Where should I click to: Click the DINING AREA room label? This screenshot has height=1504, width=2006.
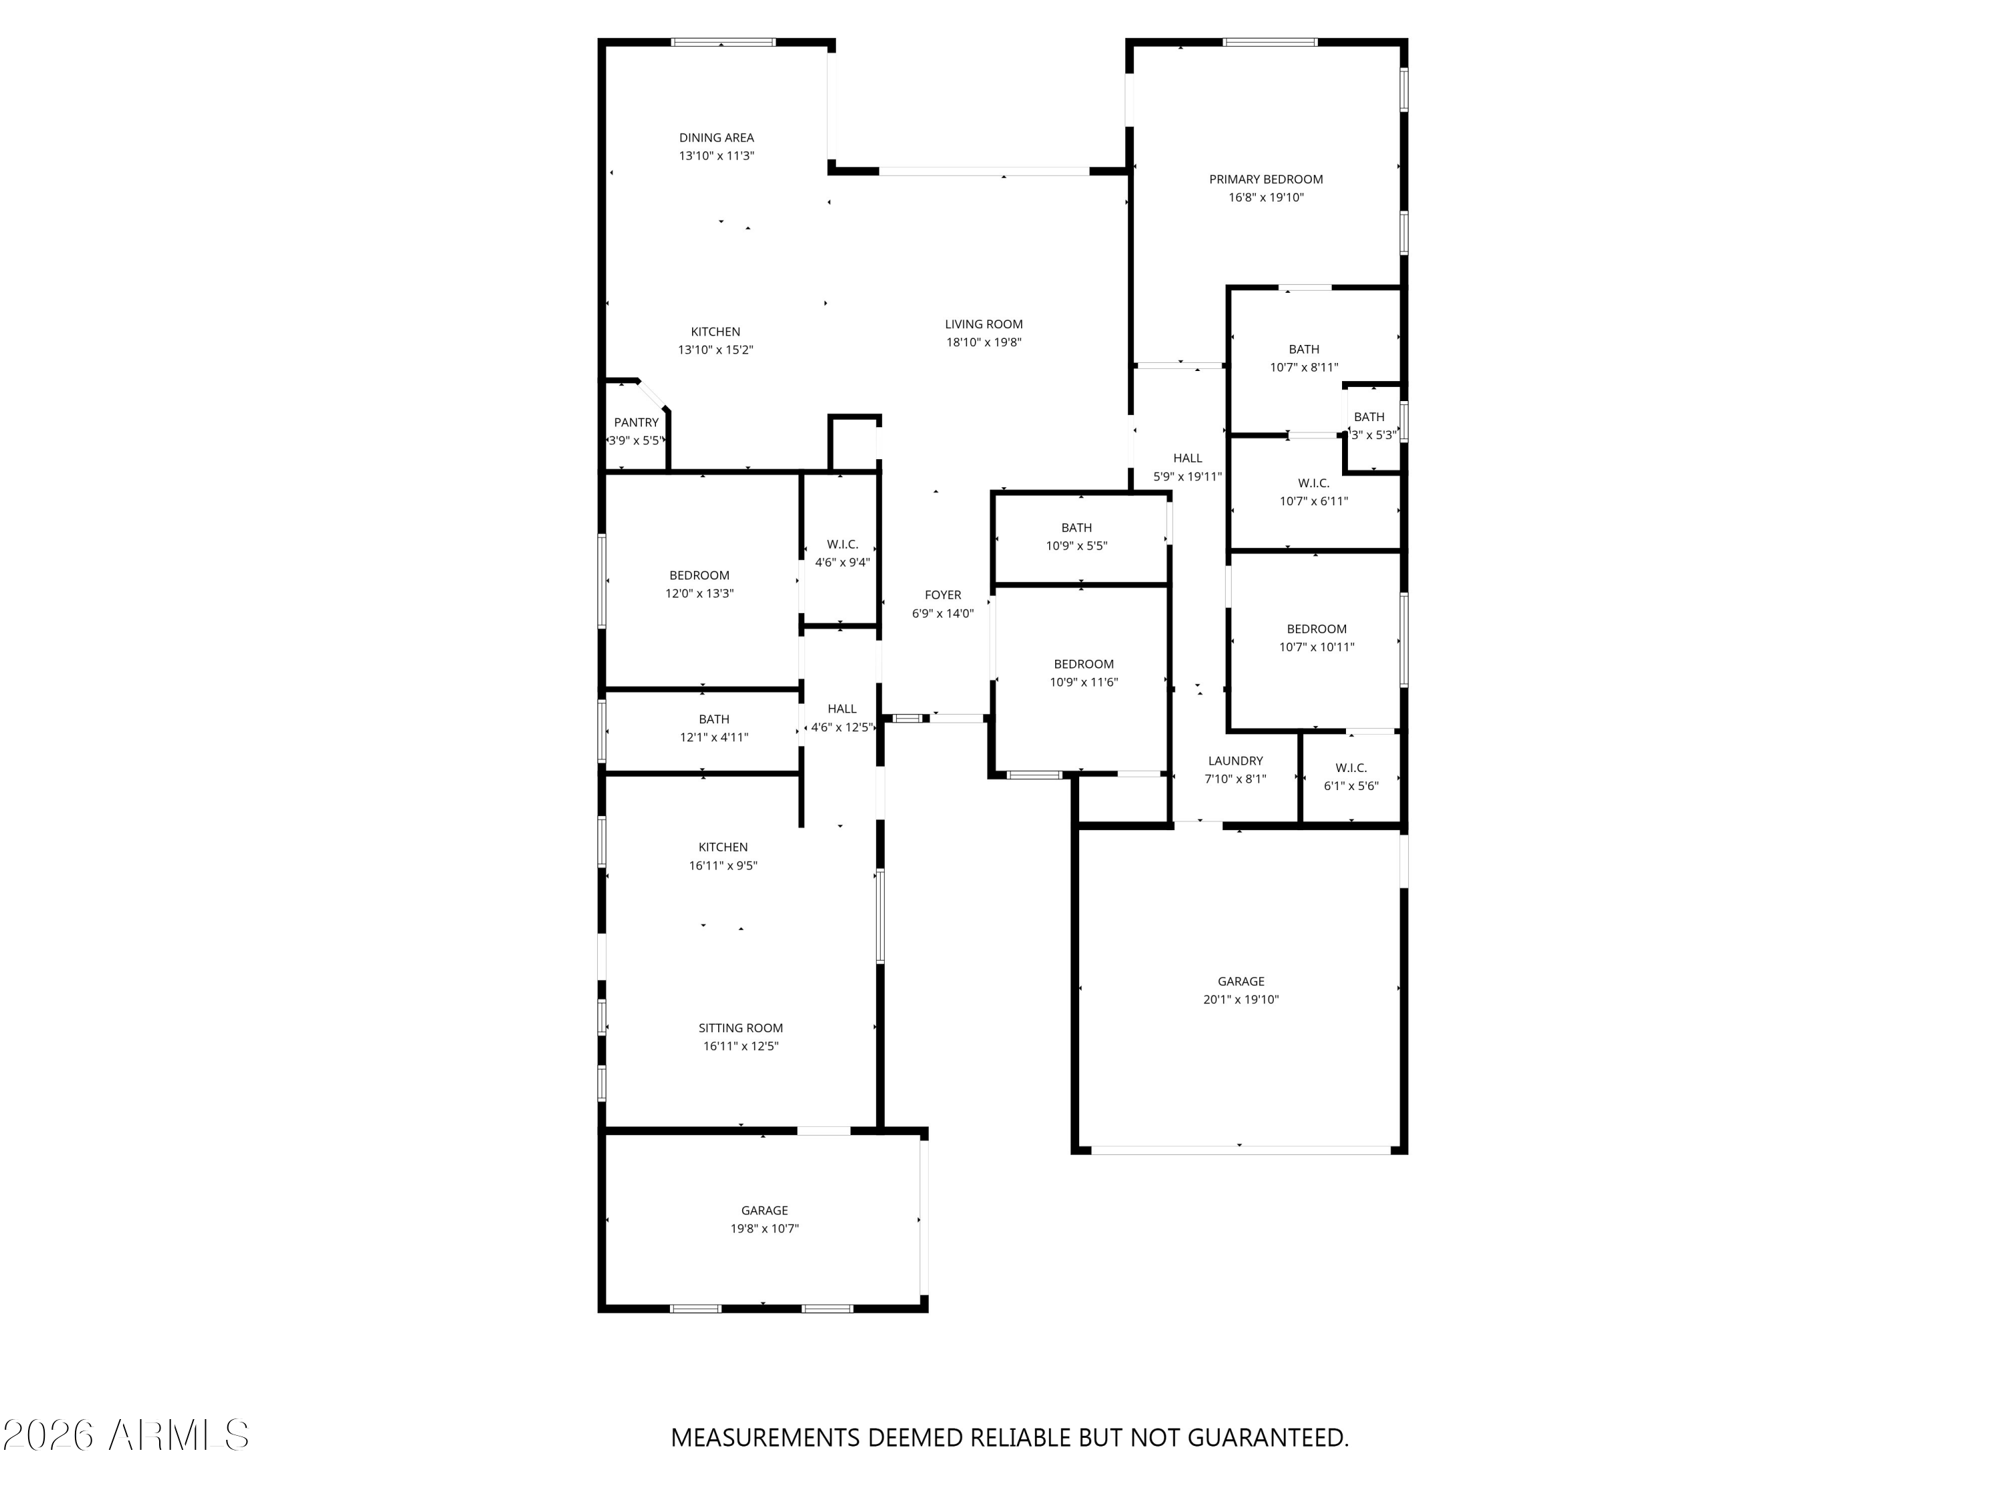[x=715, y=138]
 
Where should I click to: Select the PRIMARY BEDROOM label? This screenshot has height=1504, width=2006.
[x=1265, y=180]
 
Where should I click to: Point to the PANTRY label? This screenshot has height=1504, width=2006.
[x=636, y=422]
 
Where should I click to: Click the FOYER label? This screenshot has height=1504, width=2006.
[x=942, y=596]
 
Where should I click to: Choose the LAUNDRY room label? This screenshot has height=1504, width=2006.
[x=1234, y=761]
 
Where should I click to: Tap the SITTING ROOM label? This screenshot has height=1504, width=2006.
[x=740, y=1028]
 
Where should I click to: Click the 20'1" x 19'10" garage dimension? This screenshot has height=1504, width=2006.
[x=1240, y=1000]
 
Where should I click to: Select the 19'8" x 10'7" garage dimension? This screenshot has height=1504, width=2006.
[x=764, y=1229]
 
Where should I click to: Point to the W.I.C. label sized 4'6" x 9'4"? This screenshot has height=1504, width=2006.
[x=842, y=545]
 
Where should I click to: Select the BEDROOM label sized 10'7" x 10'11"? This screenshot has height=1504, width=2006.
[x=1316, y=629]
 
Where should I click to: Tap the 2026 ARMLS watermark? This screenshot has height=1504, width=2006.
[x=126, y=1435]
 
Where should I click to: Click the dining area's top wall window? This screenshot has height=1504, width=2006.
[x=723, y=41]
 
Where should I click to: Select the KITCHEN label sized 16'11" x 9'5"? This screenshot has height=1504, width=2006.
[x=722, y=848]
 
